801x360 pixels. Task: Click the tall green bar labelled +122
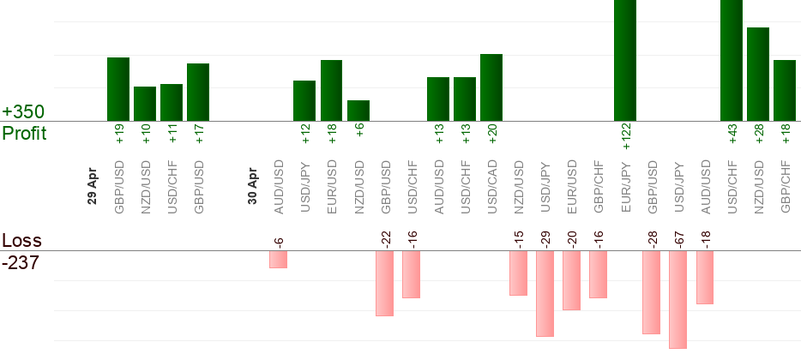pyautogui.click(x=625, y=60)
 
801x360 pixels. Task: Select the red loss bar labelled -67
pyautogui.click(x=678, y=299)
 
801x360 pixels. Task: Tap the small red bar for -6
pyautogui.click(x=278, y=259)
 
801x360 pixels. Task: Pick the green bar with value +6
pyautogui.click(x=358, y=111)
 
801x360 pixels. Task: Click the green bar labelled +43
pyautogui.click(x=732, y=60)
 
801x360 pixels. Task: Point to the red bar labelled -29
pyautogui.click(x=545, y=293)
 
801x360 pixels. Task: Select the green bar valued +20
pyautogui.click(x=491, y=87)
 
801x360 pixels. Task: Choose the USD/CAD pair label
pyautogui.click(x=492, y=186)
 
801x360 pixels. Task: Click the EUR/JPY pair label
pyautogui.click(x=625, y=186)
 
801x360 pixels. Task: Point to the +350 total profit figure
pyautogui.click(x=23, y=112)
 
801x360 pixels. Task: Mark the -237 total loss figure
pyautogui.click(x=21, y=263)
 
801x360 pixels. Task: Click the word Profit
pyautogui.click(x=24, y=134)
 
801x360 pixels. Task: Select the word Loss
pyautogui.click(x=21, y=241)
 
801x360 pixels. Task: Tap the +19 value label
pyautogui.click(x=119, y=133)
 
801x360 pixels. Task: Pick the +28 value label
pyautogui.click(x=758, y=133)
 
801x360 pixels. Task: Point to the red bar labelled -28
pyautogui.click(x=652, y=291)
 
